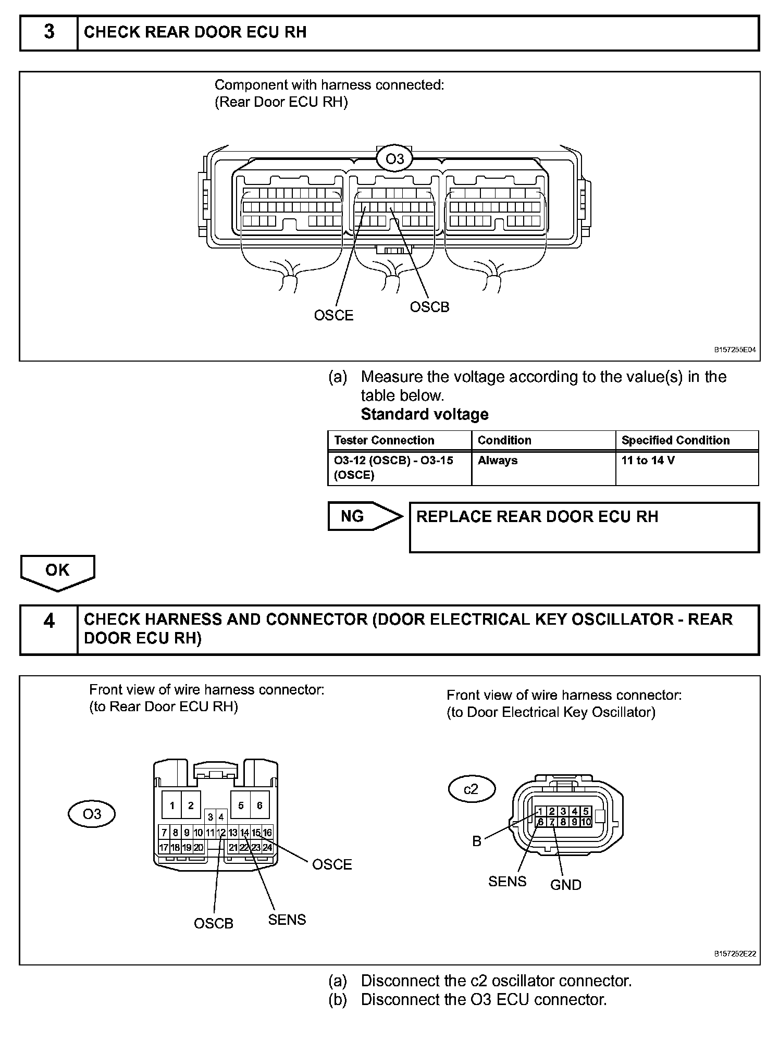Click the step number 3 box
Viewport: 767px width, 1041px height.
(x=48, y=32)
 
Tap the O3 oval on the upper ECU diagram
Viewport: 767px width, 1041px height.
(x=394, y=158)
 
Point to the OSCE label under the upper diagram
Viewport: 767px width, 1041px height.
(x=333, y=315)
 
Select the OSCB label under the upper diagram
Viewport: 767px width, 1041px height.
(x=429, y=307)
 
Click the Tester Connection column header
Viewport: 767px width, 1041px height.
(x=384, y=440)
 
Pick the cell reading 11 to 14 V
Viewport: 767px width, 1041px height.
(x=648, y=461)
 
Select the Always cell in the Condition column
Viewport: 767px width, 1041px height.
(x=498, y=461)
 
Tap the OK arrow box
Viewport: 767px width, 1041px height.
(x=57, y=571)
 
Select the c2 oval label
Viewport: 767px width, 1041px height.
(x=471, y=789)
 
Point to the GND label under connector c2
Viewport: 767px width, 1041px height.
(x=565, y=885)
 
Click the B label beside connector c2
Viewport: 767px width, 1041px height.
(x=477, y=841)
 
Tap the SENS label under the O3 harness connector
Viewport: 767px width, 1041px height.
(x=287, y=920)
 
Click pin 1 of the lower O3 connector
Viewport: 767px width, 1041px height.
(x=172, y=806)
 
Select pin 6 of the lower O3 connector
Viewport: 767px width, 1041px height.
(x=259, y=806)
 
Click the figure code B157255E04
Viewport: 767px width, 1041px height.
(x=735, y=351)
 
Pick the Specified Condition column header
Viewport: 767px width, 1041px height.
(x=675, y=440)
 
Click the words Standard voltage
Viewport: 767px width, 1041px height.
(x=425, y=414)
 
